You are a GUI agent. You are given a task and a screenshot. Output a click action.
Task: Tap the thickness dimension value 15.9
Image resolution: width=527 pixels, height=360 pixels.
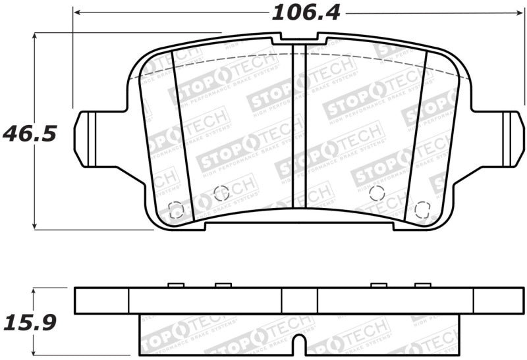click(x=30, y=322)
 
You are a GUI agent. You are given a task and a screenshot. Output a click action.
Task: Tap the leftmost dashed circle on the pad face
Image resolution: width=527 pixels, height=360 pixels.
click(x=176, y=210)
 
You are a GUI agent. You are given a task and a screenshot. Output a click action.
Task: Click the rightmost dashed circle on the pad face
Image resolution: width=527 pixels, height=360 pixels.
click(x=422, y=210)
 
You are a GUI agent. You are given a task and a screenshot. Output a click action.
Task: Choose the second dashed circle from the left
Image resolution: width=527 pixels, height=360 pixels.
click(x=221, y=193)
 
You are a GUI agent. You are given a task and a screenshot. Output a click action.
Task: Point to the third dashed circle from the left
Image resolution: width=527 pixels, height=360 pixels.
click(x=377, y=193)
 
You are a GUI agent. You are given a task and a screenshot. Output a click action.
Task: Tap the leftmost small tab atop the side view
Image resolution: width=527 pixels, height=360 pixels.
click(x=176, y=285)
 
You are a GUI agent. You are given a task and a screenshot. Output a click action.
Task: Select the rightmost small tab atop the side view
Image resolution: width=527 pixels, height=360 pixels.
click(x=422, y=285)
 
